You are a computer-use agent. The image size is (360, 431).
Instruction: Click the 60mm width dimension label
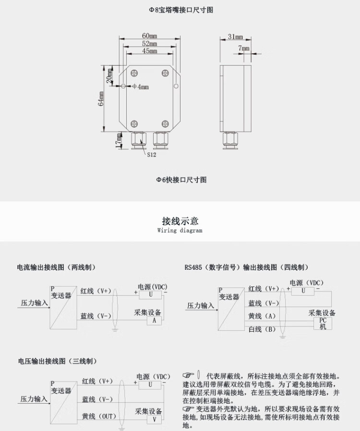149,36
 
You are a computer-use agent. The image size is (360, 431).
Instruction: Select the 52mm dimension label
149,44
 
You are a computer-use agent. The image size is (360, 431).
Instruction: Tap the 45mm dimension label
149,51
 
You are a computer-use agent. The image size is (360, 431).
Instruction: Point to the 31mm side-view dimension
235,36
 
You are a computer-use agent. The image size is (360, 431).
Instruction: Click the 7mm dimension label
244,48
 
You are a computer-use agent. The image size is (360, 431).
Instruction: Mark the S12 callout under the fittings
151,155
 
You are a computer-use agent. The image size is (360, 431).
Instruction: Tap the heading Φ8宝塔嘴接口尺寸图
180,10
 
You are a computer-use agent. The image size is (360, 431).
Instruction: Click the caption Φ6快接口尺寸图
180,180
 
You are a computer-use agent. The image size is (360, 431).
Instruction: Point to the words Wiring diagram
180,231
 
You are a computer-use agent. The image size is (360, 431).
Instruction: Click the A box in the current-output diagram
154,321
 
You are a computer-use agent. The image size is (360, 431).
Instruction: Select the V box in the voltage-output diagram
154,419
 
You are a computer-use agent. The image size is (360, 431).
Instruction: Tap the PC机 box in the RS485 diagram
323,323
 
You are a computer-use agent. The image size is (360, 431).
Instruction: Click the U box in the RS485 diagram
303,291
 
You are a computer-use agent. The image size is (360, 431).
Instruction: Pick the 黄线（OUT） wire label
99,416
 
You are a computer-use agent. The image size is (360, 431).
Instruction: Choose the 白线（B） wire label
262,329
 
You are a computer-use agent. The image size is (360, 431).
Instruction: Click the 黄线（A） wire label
262,316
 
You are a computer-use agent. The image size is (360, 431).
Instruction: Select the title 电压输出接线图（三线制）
58,361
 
